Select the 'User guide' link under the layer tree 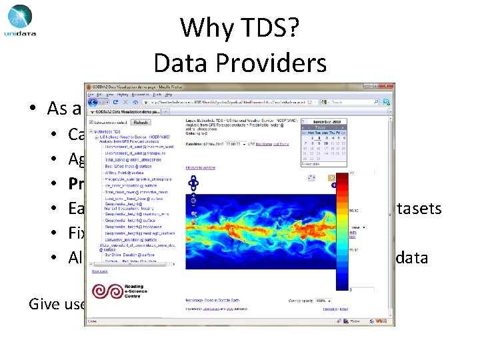coord(99,271)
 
